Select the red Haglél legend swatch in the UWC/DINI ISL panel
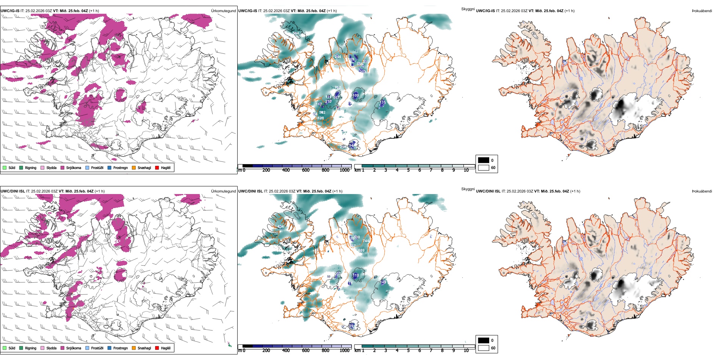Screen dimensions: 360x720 tap(157, 348)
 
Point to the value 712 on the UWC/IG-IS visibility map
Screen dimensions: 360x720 tap(338, 88)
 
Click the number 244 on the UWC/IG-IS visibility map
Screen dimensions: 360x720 tap(338, 57)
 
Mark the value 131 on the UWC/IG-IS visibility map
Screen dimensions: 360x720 tap(383, 102)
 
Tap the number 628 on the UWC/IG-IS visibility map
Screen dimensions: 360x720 tap(321, 118)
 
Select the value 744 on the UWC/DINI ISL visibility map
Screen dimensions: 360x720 tap(366, 241)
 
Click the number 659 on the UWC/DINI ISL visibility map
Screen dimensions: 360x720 tap(361, 250)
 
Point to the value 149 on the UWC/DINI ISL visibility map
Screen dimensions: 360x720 tap(383, 282)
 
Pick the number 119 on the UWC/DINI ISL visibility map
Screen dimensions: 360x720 tap(355, 275)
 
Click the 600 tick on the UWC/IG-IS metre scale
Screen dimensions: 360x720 tap(306, 170)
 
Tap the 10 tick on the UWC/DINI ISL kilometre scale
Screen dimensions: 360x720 tap(466, 351)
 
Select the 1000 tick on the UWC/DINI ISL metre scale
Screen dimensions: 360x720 tap(344, 351)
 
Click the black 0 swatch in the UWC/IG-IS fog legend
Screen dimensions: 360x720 tap(484, 160)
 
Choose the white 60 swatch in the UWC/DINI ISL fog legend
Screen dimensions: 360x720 tap(484, 348)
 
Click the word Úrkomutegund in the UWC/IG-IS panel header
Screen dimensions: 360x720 tap(223, 11)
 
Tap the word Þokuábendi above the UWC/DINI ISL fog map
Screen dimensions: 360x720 tap(702, 191)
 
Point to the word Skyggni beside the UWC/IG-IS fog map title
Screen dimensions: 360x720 tap(468, 9)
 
